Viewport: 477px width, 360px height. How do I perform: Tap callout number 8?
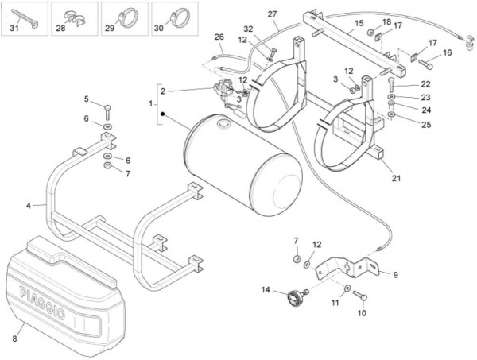coord(14,337)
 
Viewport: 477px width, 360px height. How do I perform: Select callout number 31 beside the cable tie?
coord(12,29)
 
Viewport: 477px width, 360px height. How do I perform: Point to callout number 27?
coord(272,15)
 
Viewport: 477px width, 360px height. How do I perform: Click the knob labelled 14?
coord(294,299)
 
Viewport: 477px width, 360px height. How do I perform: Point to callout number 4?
coord(29,206)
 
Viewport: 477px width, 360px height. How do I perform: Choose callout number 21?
coord(395,177)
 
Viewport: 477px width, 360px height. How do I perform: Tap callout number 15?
coord(336,23)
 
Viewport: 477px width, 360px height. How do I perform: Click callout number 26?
coord(219,37)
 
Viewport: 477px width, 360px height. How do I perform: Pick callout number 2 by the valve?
coord(162,91)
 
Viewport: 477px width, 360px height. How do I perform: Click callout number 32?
coord(248,29)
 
